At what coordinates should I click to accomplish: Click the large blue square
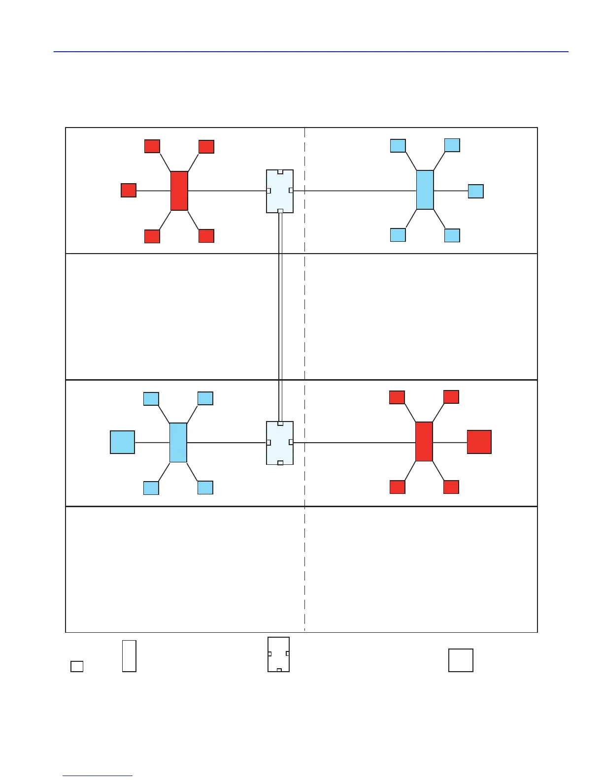click(x=122, y=442)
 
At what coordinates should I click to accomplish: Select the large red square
click(x=479, y=442)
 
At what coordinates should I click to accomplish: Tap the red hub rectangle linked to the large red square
click(x=424, y=442)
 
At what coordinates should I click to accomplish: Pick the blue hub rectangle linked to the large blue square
click(x=178, y=443)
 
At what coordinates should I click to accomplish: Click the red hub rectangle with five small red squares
click(x=179, y=191)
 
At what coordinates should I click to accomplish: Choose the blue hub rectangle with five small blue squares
click(x=425, y=190)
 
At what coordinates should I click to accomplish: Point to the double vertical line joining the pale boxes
click(x=280, y=315)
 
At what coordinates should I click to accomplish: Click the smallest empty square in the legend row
click(x=77, y=666)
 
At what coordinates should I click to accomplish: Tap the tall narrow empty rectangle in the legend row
click(x=129, y=656)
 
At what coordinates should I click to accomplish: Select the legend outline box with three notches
click(x=278, y=654)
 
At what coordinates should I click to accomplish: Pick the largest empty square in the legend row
click(x=461, y=660)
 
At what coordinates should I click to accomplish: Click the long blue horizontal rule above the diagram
click(x=310, y=51)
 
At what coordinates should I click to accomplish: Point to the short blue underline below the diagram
click(x=98, y=776)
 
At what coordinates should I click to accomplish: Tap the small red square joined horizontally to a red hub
click(x=129, y=190)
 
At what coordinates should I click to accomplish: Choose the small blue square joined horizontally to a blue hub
click(x=475, y=191)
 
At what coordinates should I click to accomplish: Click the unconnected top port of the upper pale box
click(x=280, y=172)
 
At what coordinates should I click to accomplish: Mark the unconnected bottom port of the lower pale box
click(x=280, y=463)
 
